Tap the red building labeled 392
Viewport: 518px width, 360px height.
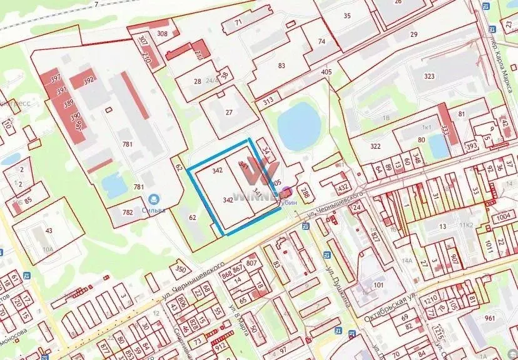pos(88,80)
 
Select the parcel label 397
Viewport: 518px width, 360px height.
pos(56,79)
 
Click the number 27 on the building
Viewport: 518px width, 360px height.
pos(229,112)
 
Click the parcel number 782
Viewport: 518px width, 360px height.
pos(128,212)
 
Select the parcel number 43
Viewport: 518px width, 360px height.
pos(49,231)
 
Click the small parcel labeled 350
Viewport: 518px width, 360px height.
pos(180,269)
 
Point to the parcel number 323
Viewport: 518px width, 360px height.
pos(429,76)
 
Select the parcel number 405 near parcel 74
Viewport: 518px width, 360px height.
pos(326,72)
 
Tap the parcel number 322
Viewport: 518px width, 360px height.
pos(375,146)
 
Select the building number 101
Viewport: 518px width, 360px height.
pos(377,286)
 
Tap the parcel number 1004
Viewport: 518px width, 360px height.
pos(504,217)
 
